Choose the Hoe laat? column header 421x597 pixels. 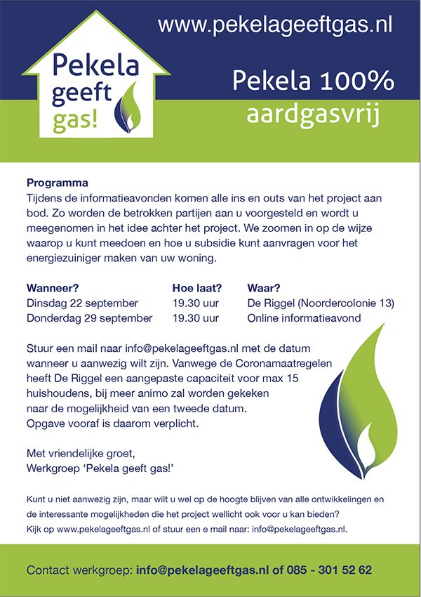point(197,288)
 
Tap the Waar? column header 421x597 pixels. point(264,288)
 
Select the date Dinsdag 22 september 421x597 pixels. point(82,303)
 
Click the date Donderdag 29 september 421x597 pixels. point(89,317)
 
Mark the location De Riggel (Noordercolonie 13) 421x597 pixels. point(321,303)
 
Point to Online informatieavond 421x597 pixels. point(304,317)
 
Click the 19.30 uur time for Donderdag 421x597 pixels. point(196,317)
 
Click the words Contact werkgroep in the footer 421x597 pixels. point(79,570)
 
